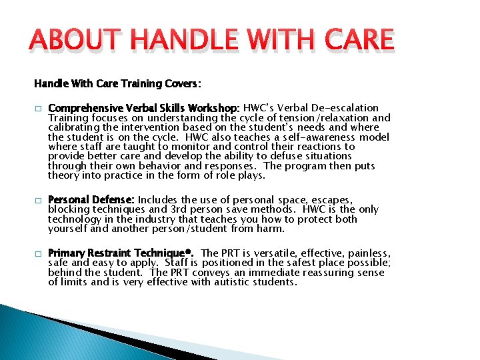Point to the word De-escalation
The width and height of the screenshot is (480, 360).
pyautogui.click(x=347, y=108)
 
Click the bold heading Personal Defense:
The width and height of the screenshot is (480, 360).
pyautogui.click(x=91, y=200)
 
